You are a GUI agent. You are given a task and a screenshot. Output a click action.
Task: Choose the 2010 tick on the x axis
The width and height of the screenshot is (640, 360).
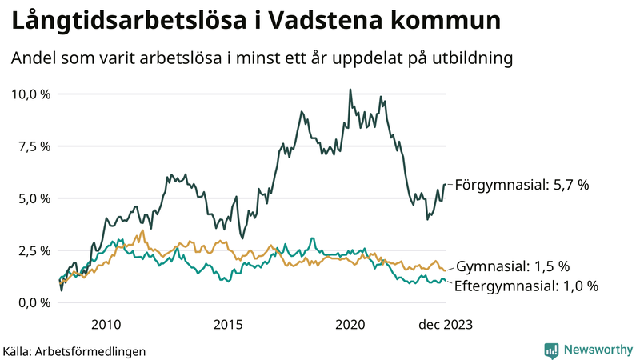[x=106, y=324]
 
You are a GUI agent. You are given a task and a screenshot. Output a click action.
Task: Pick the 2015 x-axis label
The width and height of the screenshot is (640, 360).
[x=228, y=324]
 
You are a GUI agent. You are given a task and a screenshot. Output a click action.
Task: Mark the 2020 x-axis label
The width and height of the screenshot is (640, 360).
[x=350, y=324]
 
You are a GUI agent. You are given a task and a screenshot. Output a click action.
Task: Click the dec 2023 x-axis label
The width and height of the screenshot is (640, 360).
[x=445, y=324]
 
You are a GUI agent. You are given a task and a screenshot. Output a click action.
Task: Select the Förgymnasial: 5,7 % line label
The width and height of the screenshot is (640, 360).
[x=522, y=185]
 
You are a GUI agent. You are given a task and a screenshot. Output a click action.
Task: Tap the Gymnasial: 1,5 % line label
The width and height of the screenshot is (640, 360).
[x=512, y=266]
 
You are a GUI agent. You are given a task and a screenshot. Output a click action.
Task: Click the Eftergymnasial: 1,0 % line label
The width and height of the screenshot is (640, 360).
[x=526, y=286]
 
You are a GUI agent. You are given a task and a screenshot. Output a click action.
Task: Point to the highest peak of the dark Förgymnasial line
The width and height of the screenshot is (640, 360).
[x=350, y=90]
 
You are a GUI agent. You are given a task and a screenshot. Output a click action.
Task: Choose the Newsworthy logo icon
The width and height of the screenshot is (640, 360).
[x=551, y=350]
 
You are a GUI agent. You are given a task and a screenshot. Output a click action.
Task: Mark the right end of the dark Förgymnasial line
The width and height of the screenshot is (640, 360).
[x=445, y=186]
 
